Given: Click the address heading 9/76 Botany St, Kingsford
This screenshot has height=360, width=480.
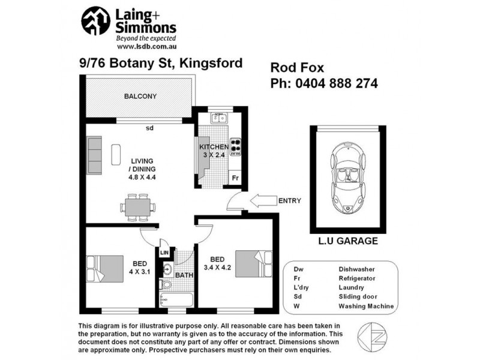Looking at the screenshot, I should click(161, 63).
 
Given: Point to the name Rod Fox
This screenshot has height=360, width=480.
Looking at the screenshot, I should click(295, 67).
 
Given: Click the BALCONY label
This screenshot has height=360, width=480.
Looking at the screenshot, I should click(140, 96).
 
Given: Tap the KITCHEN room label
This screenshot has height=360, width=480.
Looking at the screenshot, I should click(214, 147).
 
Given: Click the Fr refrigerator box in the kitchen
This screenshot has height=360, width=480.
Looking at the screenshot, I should click(235, 178).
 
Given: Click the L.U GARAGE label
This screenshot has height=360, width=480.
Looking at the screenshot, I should click(348, 241).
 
